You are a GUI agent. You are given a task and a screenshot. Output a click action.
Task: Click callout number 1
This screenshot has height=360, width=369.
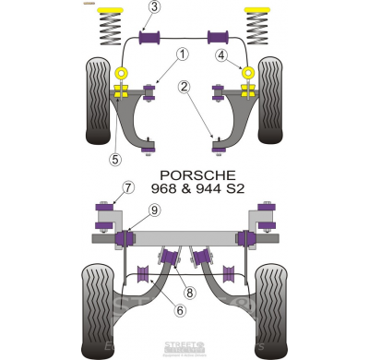pos(183,55)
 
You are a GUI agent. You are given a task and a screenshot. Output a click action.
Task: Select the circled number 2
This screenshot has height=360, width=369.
pos(184,88)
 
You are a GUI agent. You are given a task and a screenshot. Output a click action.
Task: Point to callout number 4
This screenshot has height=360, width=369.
pos(221,55)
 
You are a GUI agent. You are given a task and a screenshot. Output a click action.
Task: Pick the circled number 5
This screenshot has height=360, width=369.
pos(113,159)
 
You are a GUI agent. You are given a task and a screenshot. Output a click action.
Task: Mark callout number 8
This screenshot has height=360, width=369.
pos(189,294)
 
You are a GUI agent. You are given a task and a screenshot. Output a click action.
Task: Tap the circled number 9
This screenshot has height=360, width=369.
pos(154,210)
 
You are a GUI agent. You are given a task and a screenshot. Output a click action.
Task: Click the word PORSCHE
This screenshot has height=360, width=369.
pos(223,174)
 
